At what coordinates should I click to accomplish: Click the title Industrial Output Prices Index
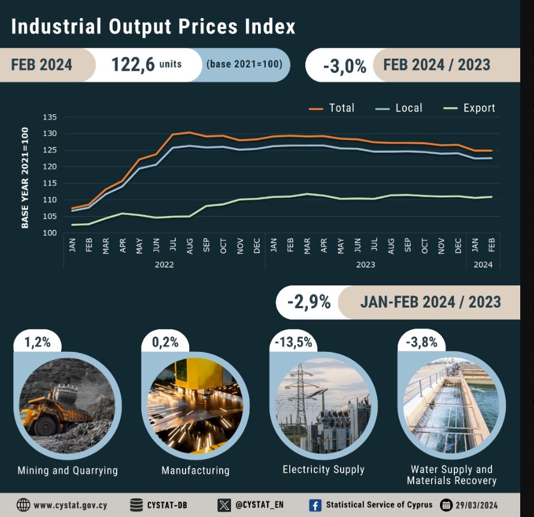[153, 27]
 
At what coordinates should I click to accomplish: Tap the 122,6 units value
[146, 65]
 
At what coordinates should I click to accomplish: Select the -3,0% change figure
[344, 66]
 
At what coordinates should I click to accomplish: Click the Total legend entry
[332, 108]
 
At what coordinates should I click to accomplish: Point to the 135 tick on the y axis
[49, 117]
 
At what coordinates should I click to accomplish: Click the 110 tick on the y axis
[49, 200]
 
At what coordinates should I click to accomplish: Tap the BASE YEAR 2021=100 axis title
[25, 177]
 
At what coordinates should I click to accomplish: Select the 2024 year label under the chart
[483, 264]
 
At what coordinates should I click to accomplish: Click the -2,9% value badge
[309, 302]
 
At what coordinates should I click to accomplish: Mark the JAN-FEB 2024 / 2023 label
[430, 302]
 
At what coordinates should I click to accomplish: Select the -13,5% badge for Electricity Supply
[293, 342]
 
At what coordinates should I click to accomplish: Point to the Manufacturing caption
[195, 470]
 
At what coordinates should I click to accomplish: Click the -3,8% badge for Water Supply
[421, 342]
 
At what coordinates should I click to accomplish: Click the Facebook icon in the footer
[315, 505]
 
